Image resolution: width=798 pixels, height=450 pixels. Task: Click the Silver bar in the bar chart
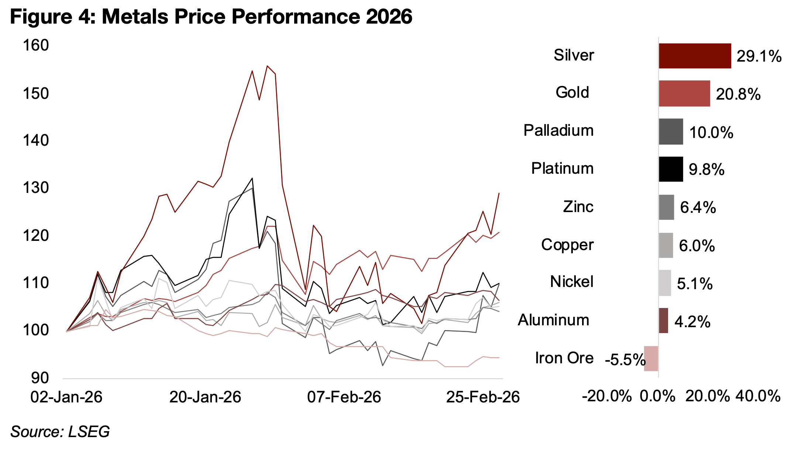click(x=695, y=56)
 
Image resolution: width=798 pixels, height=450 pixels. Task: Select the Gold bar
click(x=684, y=94)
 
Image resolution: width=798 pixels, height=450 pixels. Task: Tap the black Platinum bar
click(x=671, y=169)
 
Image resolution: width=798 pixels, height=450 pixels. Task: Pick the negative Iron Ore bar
click(x=651, y=359)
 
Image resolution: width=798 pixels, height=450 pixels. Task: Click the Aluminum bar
click(x=663, y=321)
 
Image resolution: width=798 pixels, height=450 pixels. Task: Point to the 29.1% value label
click(x=759, y=56)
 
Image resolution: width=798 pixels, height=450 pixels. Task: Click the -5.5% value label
click(x=625, y=360)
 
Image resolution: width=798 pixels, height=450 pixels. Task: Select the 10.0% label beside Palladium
click(x=711, y=132)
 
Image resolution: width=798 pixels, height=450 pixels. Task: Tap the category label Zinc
click(x=578, y=207)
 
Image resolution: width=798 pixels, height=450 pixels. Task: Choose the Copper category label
click(x=567, y=245)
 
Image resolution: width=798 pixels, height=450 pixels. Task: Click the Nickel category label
click(x=571, y=282)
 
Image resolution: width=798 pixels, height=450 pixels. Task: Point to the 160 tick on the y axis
click(x=36, y=45)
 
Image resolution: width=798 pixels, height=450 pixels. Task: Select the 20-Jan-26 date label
click(x=205, y=397)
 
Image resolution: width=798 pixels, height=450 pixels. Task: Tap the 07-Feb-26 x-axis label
click(x=344, y=397)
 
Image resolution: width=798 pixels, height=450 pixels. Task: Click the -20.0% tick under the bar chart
click(x=607, y=397)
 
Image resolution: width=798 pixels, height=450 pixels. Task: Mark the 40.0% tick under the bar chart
click(x=758, y=397)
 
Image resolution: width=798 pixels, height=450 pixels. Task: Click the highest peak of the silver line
click(x=267, y=66)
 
